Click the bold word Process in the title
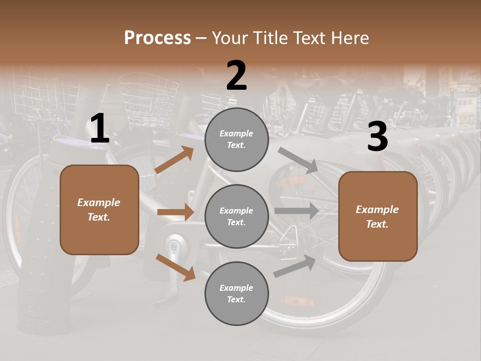157,38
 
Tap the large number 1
100,129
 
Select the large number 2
236,76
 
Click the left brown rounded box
99,210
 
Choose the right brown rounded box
378,216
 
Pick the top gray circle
236,139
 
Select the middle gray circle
236,216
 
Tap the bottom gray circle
236,293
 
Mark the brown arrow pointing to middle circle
175,212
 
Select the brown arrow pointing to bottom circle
175,267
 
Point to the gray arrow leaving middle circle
297,211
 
